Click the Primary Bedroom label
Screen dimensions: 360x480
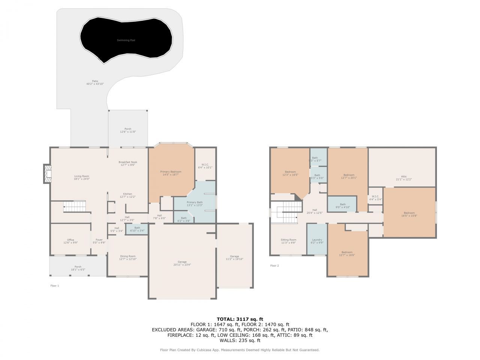[171, 173]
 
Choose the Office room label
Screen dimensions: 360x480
[70, 241]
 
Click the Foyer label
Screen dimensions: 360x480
[99, 241]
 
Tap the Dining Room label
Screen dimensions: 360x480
[127, 258]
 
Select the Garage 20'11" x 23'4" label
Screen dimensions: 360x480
[182, 263]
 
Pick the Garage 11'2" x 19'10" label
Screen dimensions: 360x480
[234, 258]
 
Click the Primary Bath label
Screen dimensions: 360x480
[195, 204]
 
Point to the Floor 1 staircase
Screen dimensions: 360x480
[74, 206]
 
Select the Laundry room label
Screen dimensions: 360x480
[317, 241]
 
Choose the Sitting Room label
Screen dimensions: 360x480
[288, 241]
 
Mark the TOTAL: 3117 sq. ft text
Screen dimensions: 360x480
[240, 319]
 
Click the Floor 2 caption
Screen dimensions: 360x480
[274, 265]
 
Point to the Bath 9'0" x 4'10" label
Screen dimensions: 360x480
[343, 205]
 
